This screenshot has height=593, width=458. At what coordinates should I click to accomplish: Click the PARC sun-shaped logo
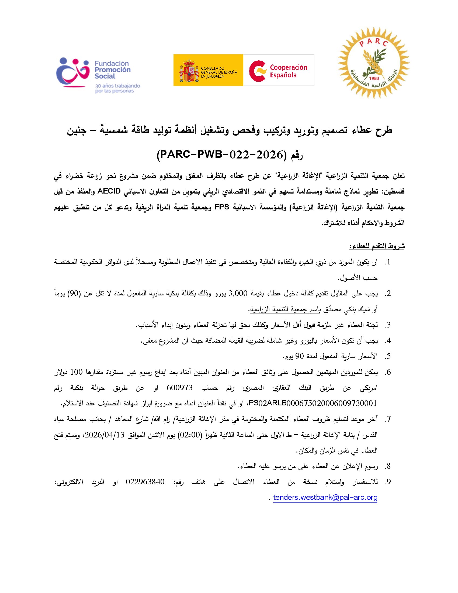tap(373, 63)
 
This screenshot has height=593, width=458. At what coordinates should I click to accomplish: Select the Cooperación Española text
tap(288, 71)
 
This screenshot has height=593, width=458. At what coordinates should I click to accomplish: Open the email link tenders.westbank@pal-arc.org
tap(325, 497)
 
